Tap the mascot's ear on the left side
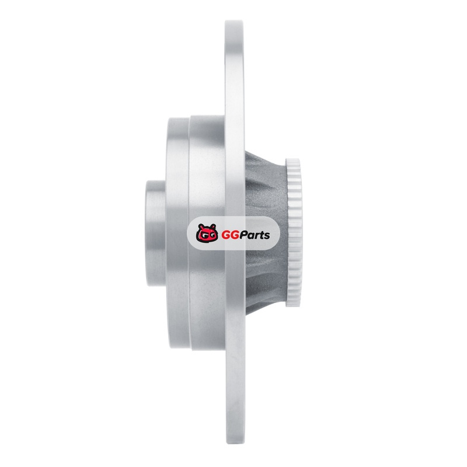(201, 226)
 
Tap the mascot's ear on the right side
(212, 226)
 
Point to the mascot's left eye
(203, 236)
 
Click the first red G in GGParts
(226, 235)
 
